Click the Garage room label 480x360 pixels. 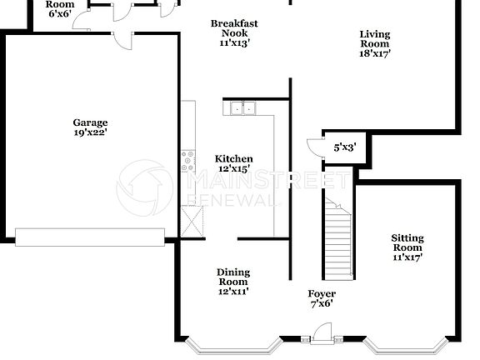(89, 122)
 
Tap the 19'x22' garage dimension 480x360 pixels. (89, 132)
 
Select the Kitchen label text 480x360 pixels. (233, 159)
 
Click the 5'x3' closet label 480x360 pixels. (345, 147)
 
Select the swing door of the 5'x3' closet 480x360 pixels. (313, 147)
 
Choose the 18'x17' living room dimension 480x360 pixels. (375, 52)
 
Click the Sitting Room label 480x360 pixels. (407, 242)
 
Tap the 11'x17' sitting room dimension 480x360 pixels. (407, 257)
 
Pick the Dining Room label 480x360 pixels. (233, 277)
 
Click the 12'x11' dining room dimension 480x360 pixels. (233, 291)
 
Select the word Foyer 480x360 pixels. (322, 294)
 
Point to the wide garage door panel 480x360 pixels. (89, 237)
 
